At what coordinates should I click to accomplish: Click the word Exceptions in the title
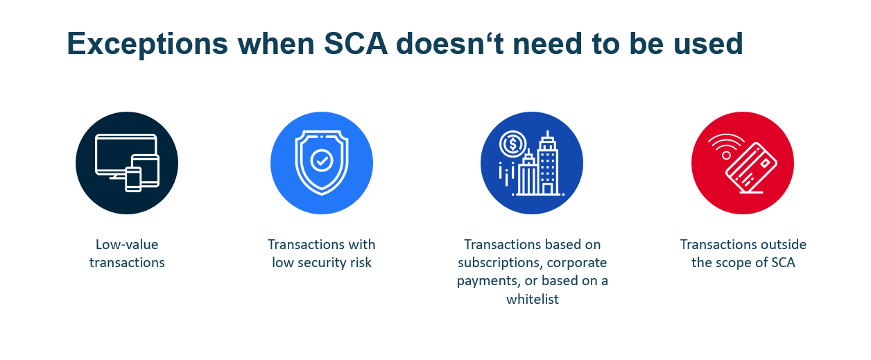click(x=147, y=44)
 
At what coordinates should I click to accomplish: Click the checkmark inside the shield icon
click(x=322, y=160)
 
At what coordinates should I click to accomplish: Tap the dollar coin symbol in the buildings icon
click(x=512, y=144)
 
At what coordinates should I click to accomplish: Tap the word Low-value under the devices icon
click(x=127, y=245)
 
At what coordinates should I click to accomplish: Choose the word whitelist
click(x=532, y=299)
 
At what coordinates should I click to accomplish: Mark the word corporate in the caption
click(x=579, y=263)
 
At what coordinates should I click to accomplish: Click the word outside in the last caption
click(x=782, y=245)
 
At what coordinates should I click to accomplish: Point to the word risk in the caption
click(x=360, y=263)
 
